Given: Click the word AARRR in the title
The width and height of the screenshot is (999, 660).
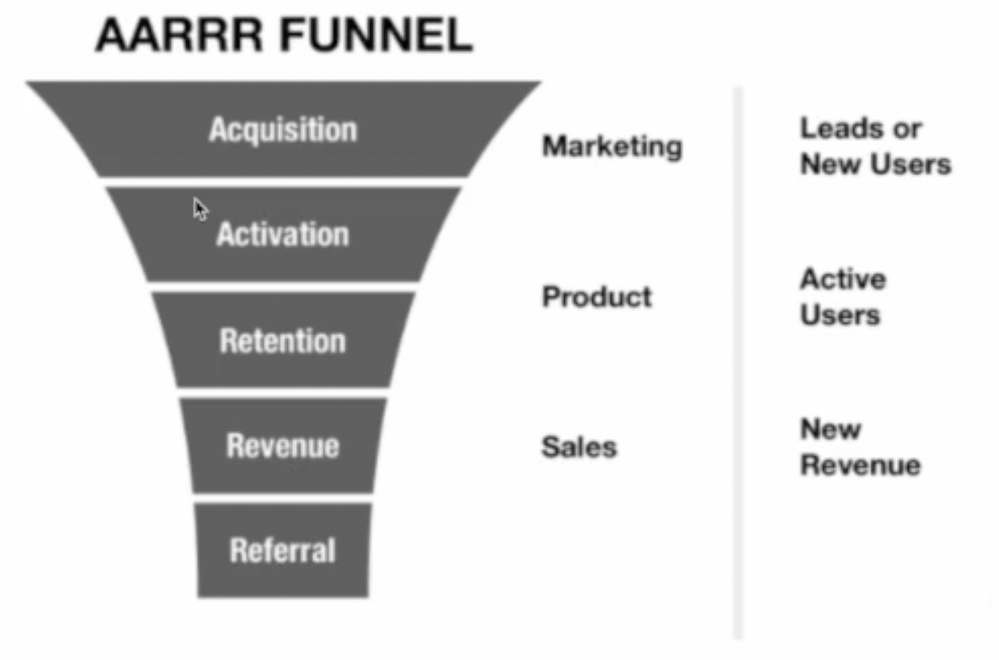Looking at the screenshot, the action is (x=179, y=35).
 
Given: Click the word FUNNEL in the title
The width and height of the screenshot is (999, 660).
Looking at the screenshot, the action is (x=376, y=35).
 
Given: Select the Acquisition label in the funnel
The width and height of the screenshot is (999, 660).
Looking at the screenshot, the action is (x=283, y=130).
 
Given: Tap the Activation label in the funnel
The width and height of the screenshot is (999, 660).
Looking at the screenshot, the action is (x=282, y=234).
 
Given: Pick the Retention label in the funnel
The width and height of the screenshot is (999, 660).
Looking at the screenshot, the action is (x=282, y=340).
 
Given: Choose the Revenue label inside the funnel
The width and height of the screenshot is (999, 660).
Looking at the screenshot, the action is (x=282, y=446).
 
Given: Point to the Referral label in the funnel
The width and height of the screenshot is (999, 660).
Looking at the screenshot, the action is (x=282, y=550).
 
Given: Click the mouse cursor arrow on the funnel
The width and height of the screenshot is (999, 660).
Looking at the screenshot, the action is (x=200, y=210).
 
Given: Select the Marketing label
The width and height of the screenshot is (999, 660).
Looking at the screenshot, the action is (x=612, y=147).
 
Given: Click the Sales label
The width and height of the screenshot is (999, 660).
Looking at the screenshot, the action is (x=579, y=446).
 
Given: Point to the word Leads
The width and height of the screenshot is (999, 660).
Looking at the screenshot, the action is (x=840, y=129).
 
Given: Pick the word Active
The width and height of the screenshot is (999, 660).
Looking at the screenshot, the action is (x=843, y=279).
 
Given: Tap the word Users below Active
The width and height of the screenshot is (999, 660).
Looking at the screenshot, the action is (x=840, y=315).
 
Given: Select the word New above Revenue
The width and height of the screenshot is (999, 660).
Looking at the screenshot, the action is (x=831, y=429).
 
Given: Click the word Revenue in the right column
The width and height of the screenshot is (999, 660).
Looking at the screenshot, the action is (x=861, y=465).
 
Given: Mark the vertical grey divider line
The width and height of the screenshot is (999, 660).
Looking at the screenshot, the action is (x=739, y=363).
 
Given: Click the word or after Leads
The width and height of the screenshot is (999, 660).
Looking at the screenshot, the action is (x=906, y=129).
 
